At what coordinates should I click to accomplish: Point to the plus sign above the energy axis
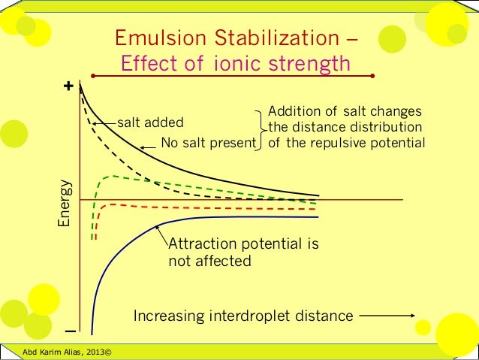(x=70, y=86)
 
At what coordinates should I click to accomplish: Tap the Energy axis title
(x=65, y=203)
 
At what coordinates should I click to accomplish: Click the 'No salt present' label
(x=208, y=142)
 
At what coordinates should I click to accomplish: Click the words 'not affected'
(x=209, y=262)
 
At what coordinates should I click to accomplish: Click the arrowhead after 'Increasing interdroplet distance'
(x=411, y=316)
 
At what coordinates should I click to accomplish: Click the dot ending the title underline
(x=374, y=76)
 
